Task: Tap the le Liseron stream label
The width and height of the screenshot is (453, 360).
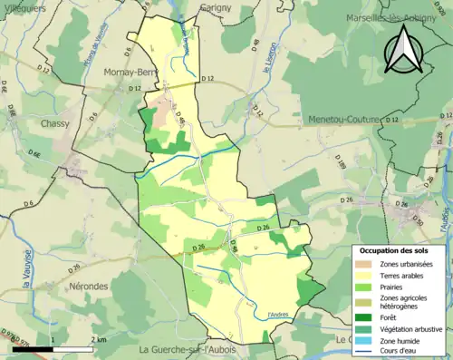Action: [267, 60]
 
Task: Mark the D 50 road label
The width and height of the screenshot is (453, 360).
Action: [418, 220]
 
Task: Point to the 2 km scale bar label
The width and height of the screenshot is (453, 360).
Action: [100, 339]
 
